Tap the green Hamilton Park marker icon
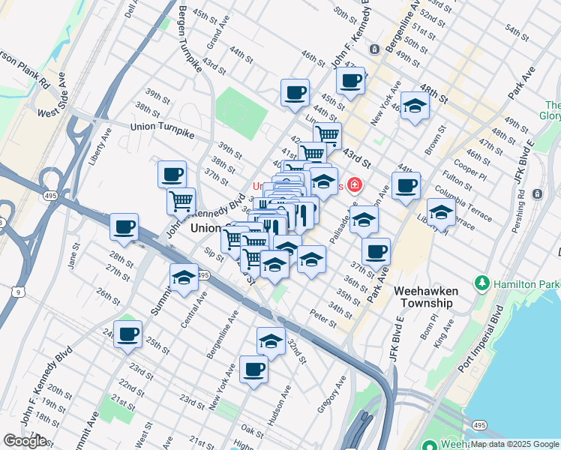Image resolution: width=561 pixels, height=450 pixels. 481,284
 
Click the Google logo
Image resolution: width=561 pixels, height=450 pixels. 25,441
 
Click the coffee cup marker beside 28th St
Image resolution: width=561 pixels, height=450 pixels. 124,226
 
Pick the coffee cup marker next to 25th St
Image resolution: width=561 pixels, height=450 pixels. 128,334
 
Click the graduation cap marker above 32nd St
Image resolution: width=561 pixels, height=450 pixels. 271,340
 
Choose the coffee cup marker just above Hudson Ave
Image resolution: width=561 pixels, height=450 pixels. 254,369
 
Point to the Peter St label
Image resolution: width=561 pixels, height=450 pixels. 322,319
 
